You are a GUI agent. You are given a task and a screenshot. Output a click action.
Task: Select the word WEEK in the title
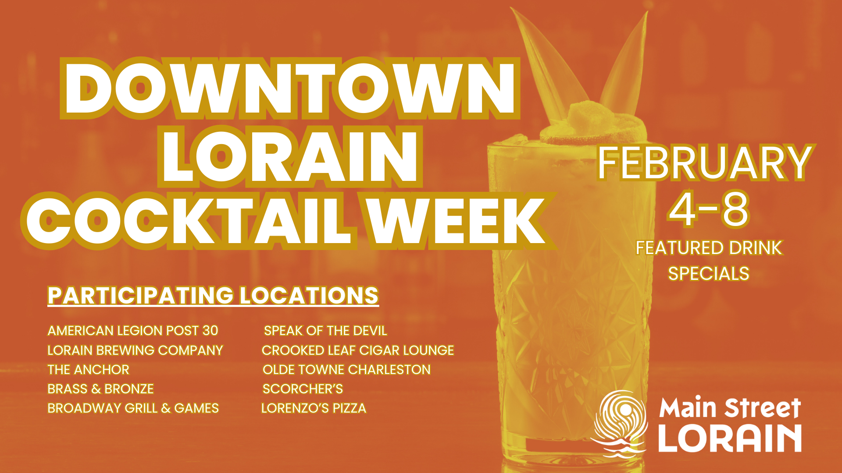456,220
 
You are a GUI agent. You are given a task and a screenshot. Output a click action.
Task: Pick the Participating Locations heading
213,295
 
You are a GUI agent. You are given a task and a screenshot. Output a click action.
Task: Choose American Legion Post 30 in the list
132,330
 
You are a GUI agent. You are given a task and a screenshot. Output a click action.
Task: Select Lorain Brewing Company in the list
135,350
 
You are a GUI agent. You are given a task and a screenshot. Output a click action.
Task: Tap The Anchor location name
88,369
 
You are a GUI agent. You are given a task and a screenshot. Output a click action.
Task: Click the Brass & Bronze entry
100,388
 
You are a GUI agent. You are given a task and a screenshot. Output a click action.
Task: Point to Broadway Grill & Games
133,408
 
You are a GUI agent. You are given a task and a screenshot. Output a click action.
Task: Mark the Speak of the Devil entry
325,330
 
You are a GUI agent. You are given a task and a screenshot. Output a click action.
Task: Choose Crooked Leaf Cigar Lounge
357,350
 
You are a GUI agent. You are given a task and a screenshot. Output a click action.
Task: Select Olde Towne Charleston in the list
346,369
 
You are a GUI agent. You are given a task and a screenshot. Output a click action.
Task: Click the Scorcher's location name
303,388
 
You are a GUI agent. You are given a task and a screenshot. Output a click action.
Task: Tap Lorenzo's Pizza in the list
314,408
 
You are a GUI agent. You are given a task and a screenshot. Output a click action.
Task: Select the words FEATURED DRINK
709,248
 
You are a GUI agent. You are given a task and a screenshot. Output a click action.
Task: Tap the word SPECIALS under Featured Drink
709,274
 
